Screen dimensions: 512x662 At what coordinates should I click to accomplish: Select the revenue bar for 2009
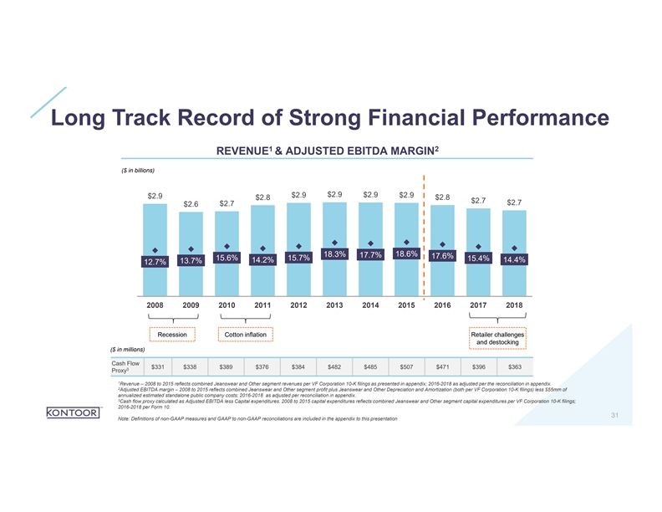point(191,251)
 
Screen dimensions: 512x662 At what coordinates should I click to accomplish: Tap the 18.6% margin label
point(405,253)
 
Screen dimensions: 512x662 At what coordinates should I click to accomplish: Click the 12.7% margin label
point(155,264)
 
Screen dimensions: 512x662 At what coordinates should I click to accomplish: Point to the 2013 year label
point(334,306)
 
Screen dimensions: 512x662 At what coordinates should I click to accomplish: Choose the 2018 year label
point(514,306)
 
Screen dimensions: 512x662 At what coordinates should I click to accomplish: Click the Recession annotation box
point(171,335)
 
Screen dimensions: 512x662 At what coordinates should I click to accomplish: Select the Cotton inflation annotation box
point(245,335)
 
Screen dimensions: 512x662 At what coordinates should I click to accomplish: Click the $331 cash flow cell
point(155,366)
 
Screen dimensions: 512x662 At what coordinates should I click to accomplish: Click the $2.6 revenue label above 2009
point(191,204)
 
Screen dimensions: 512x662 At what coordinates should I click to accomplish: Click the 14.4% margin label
point(513,260)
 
